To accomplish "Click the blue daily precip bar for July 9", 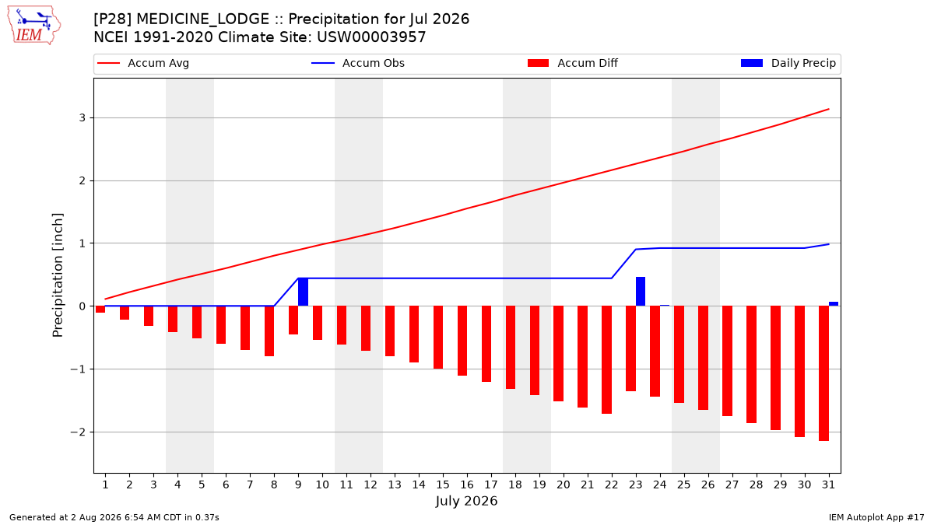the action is click(x=303, y=292).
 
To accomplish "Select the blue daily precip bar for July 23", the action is click(x=641, y=291).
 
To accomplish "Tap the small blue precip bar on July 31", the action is click(x=834, y=304).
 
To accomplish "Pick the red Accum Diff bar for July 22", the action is click(x=606, y=360).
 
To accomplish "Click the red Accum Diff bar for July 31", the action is click(x=824, y=373).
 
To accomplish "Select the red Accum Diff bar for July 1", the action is click(x=100, y=310).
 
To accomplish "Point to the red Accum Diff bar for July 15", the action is click(x=438, y=337).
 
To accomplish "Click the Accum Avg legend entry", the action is click(x=143, y=63).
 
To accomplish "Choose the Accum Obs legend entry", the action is click(x=358, y=63).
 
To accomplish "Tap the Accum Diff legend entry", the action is click(x=573, y=63).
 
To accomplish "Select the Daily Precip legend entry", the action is click(x=788, y=63).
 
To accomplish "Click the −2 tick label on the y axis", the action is click(x=78, y=432).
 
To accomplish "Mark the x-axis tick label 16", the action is click(x=467, y=485).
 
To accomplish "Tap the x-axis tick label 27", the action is click(x=732, y=485).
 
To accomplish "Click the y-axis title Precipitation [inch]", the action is click(x=58, y=275).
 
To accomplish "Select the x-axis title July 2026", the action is click(x=466, y=501).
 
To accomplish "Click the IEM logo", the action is click(x=34, y=26).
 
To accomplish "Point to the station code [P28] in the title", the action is click(x=113, y=19).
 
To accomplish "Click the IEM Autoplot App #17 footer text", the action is click(x=876, y=517).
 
